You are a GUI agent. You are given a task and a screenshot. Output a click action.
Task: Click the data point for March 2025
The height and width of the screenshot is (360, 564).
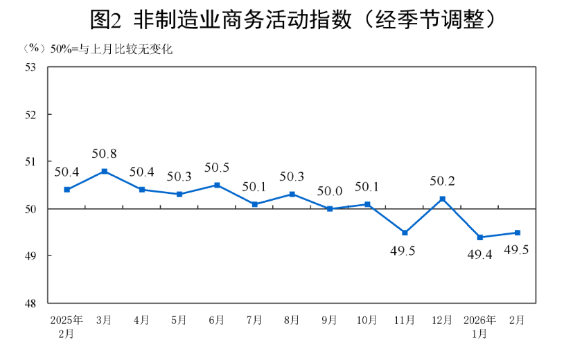[x=104, y=171]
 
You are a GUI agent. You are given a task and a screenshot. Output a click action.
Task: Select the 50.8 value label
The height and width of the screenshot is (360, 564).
[x=104, y=154]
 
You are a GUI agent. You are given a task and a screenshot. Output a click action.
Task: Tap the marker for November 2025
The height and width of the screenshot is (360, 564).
[x=405, y=233]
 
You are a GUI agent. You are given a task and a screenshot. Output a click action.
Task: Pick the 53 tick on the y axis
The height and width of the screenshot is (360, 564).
[x=30, y=67]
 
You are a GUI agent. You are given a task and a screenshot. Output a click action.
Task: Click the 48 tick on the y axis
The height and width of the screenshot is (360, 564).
[x=30, y=303]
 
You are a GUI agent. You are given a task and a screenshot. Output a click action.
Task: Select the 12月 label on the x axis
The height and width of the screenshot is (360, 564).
[x=442, y=320]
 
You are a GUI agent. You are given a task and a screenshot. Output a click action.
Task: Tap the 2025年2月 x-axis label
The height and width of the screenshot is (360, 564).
[x=67, y=326]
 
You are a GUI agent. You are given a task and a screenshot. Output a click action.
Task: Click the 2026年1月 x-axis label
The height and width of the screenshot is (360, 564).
[x=479, y=326]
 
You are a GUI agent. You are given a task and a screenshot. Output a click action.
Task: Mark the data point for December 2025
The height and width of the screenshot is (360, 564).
[x=442, y=199]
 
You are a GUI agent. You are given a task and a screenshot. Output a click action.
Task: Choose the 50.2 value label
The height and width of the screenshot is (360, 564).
[x=442, y=181]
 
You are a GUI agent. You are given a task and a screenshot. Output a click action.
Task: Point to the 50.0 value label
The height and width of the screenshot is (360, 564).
[x=330, y=191]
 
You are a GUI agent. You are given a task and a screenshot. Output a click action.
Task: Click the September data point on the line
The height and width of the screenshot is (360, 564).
[x=330, y=208]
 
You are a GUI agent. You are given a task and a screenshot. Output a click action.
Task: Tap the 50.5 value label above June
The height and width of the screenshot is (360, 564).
[x=217, y=168]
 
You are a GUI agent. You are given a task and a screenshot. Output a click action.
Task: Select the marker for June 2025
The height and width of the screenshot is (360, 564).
[x=217, y=185]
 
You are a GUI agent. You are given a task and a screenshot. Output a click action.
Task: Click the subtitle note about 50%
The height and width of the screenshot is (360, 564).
[x=97, y=49]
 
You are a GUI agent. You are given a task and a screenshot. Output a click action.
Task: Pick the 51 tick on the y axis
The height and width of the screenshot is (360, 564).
[x=30, y=161]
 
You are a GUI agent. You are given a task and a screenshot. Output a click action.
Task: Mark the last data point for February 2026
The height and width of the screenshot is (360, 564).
[x=517, y=233]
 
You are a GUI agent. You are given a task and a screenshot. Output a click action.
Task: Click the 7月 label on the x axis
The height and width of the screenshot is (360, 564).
[x=254, y=320]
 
